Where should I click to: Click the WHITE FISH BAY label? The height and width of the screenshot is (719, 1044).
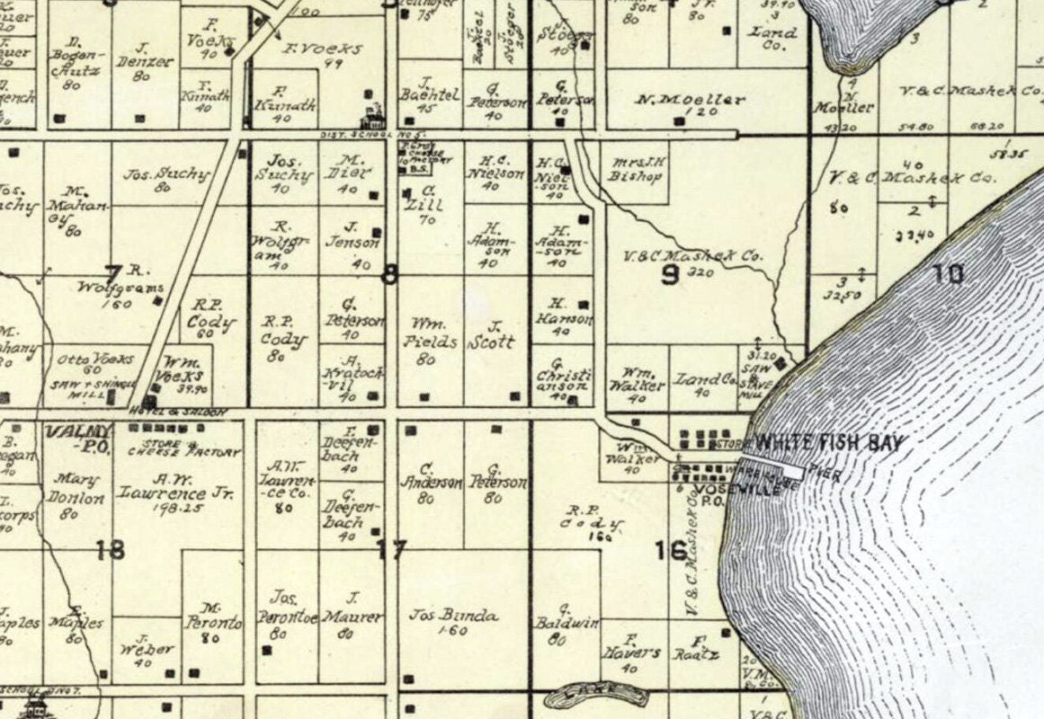pos(828,442)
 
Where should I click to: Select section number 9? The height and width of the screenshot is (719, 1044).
pos(670,275)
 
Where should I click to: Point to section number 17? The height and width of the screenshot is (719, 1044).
pos(392,549)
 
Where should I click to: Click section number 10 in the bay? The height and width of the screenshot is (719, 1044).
pos(948,273)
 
